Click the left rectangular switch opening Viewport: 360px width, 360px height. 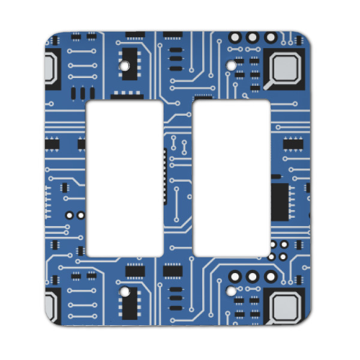(125, 178)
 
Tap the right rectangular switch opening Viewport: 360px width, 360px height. (232, 178)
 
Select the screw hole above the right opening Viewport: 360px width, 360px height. (231, 63)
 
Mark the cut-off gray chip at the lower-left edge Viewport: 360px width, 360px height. (53, 308)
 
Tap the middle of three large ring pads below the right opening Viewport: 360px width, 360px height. (253, 277)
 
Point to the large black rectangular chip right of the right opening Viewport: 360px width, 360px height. (280, 202)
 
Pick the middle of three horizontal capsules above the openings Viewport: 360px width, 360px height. (175, 59)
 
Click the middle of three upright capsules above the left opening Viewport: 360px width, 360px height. (81, 93)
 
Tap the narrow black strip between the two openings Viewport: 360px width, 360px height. (164, 178)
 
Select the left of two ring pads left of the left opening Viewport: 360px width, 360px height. (70, 214)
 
